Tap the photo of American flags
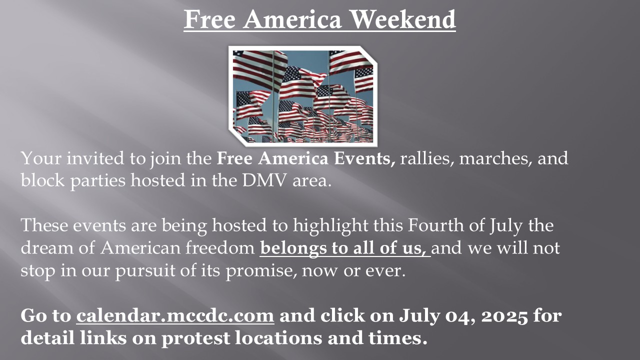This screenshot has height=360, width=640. click(303, 96)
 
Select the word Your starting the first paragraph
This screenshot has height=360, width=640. click(41, 158)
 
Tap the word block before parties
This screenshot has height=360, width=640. click(42, 180)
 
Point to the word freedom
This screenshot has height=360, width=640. click(220, 247)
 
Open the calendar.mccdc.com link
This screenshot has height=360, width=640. click(175, 315)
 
